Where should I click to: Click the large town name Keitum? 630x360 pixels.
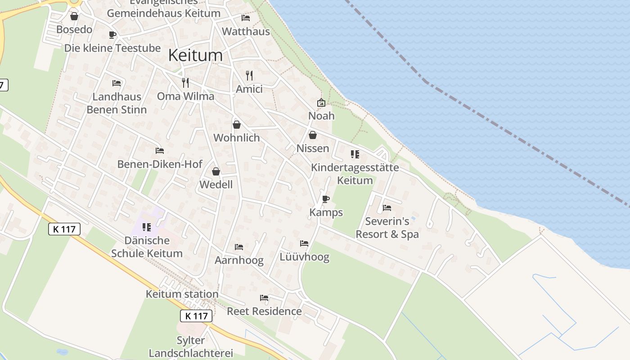[195, 55]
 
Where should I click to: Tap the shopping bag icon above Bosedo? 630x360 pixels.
[74, 16]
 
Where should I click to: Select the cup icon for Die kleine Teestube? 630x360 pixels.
[112, 35]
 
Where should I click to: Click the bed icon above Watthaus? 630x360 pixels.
[246, 18]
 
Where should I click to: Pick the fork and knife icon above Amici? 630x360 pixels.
[249, 75]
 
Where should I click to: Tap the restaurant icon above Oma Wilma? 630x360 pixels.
[185, 82]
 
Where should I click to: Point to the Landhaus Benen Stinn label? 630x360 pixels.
[117, 103]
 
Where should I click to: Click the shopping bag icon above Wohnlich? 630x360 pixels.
[237, 124]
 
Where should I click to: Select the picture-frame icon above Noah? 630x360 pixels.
[321, 103]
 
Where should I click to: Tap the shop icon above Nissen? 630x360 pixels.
[313, 135]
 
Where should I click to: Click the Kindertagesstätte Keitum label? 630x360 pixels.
[355, 174]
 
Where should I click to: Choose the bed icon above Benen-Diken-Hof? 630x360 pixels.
[159, 151]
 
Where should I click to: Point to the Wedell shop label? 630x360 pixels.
[216, 184]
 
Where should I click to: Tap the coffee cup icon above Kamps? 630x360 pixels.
[326, 199]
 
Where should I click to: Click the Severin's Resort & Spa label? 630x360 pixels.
[387, 228]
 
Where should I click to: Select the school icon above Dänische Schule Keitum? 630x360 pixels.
[147, 227]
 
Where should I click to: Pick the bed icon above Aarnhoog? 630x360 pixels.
[239, 247]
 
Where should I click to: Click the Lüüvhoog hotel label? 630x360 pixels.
[305, 257]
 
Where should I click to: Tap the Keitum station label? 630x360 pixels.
[182, 294]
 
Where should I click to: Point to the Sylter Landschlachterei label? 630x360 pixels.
[191, 347]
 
